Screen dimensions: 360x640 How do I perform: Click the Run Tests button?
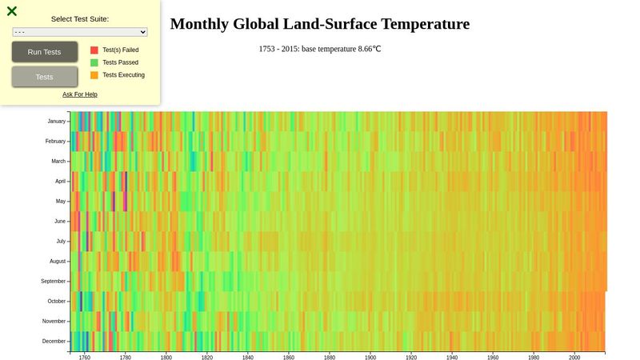45,52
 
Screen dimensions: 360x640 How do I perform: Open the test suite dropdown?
80,32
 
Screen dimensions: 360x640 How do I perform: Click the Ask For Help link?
80,94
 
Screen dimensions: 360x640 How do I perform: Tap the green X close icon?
12,11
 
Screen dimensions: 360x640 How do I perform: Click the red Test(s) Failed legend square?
94,50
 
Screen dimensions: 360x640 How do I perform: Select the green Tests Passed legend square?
94,62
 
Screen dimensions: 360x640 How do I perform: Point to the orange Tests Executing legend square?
94,75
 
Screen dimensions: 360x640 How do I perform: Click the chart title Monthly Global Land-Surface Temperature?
320,24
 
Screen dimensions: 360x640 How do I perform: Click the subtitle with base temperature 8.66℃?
320,49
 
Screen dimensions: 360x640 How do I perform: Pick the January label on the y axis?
56,122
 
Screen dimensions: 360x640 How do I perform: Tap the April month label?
60,182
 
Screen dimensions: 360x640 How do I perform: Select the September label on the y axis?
53,282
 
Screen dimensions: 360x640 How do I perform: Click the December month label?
54,342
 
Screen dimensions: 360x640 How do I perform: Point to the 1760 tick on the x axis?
85,358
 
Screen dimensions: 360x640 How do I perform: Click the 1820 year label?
207,358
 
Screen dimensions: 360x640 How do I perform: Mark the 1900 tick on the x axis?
370,358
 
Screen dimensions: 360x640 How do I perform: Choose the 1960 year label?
493,358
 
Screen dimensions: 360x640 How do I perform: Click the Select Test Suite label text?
80,18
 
